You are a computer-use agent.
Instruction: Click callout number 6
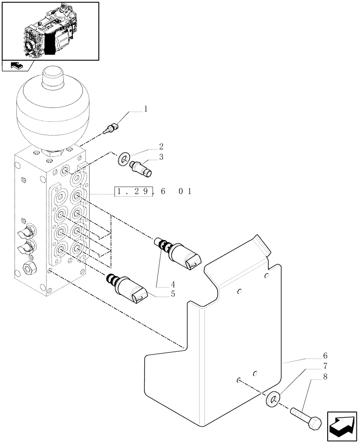[x=325, y=355]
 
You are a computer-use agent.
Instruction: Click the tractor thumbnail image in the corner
[x=50, y=31]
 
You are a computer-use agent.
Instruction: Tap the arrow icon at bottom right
[x=341, y=425]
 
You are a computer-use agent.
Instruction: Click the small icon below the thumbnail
[x=16, y=66]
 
